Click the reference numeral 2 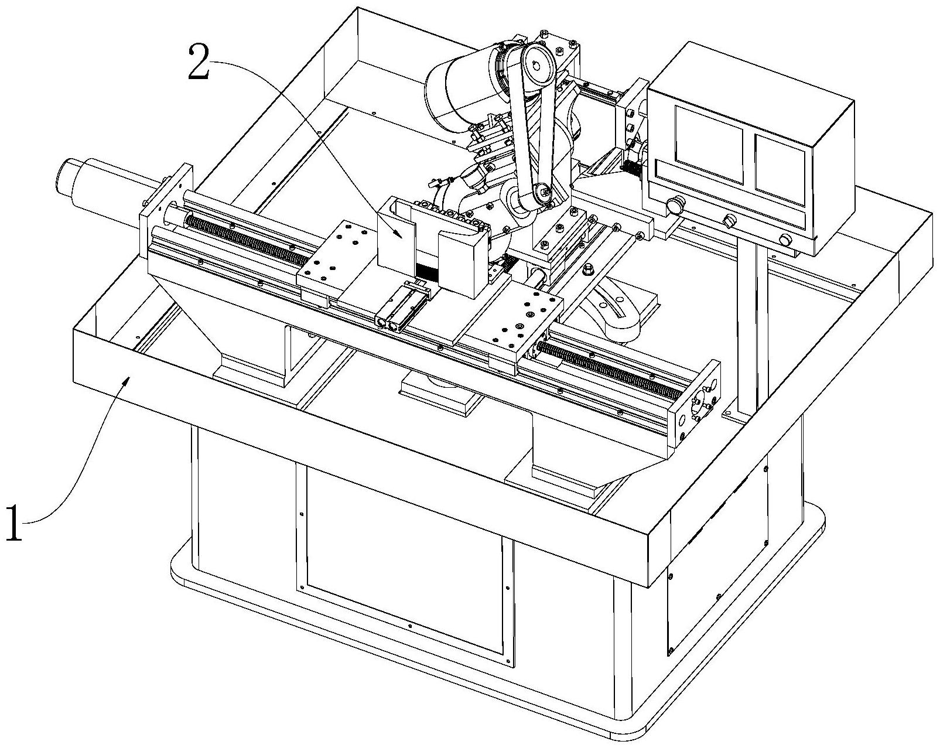click(199, 64)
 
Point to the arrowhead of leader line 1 click(127, 381)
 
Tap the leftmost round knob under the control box click(674, 206)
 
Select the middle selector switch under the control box click(727, 221)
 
